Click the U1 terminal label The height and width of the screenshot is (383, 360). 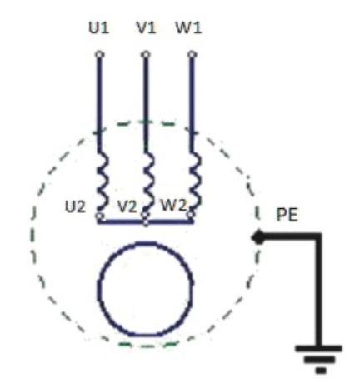(99, 28)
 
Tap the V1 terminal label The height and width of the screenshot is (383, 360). (146, 28)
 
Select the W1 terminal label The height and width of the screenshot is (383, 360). (188, 28)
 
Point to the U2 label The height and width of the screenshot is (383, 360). (75, 206)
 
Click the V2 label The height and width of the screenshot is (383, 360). (127, 206)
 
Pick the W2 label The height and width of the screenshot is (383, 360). (173, 206)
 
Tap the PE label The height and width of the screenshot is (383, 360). (287, 215)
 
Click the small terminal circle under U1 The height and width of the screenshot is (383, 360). (99, 55)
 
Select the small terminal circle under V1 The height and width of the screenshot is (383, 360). (146, 55)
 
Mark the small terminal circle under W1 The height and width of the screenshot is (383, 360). (192, 55)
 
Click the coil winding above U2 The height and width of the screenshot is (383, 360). (102, 181)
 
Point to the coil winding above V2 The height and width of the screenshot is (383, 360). (148, 181)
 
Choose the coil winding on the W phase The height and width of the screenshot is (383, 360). (195, 181)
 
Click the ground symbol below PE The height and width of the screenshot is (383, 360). (319, 360)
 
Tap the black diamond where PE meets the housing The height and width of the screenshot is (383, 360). (258, 237)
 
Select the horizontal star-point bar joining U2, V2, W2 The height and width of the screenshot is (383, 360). (145, 221)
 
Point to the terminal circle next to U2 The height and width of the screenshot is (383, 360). (100, 216)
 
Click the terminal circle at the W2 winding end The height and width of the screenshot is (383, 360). (191, 214)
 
